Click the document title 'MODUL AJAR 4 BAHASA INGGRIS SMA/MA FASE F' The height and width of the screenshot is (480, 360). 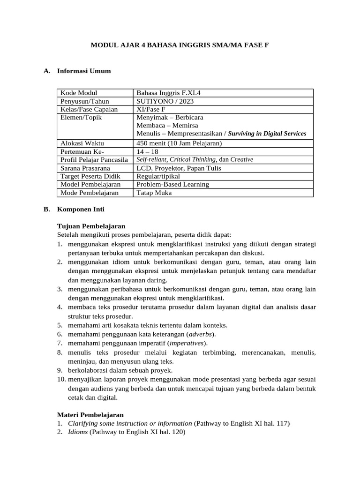(180, 45)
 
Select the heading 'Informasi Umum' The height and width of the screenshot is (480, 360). (84, 71)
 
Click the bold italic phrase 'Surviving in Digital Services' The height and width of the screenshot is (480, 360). (267, 134)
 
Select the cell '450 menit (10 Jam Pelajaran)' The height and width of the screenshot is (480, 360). (179, 143)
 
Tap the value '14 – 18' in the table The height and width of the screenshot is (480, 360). (147, 151)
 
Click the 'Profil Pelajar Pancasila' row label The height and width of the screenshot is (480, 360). (94, 160)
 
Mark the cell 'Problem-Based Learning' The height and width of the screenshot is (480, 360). (172, 184)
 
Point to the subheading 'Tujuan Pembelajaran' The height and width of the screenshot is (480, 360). (91, 226)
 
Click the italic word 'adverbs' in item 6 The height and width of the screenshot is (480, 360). (201, 334)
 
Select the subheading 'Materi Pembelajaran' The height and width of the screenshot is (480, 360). (90, 415)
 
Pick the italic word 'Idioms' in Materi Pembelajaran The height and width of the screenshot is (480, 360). (78, 432)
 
